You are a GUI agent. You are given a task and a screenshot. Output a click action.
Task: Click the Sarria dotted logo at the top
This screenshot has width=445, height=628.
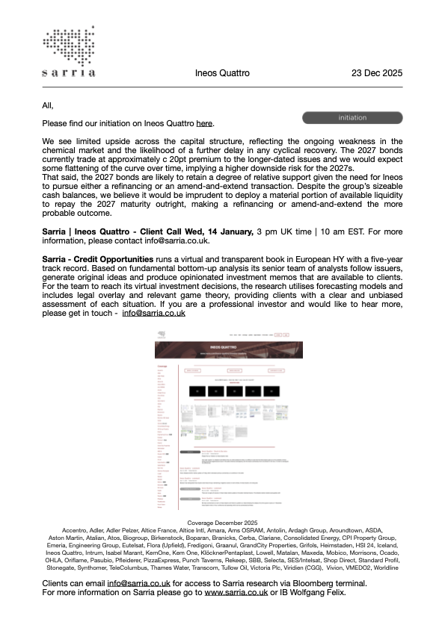click(69, 52)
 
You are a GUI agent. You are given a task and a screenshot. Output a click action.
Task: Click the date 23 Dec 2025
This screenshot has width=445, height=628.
click(377, 73)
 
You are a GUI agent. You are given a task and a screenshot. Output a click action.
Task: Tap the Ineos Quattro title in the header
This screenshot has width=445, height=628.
click(222, 73)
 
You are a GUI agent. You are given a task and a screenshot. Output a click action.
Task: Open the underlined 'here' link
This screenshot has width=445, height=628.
click(204, 123)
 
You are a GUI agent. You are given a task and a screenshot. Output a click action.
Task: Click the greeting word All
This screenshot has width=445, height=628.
click(49, 105)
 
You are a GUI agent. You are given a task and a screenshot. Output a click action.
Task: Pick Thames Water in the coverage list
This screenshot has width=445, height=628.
click(181, 568)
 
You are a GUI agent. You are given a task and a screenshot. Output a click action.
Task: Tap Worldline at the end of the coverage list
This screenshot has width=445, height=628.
click(384, 568)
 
